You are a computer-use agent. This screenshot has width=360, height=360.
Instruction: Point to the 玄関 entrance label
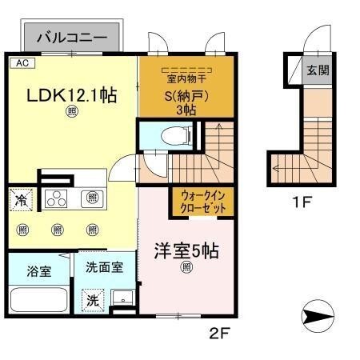pos(316,70)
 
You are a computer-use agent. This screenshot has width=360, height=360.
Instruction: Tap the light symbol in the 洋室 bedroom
pos(186,267)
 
